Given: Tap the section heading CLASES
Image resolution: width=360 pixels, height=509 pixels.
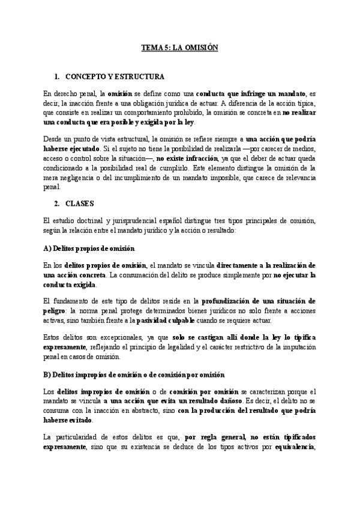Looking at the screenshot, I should (82, 204).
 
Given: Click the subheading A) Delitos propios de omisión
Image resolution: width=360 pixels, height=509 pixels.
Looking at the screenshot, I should (89, 248).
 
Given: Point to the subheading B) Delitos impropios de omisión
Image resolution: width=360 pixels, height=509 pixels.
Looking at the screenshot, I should (134, 375).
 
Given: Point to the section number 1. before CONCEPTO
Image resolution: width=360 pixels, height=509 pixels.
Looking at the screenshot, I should (57, 77).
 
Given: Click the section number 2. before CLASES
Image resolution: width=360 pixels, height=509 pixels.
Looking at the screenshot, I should (57, 204).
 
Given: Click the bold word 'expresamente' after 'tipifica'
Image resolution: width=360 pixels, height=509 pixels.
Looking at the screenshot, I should (67, 348).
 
